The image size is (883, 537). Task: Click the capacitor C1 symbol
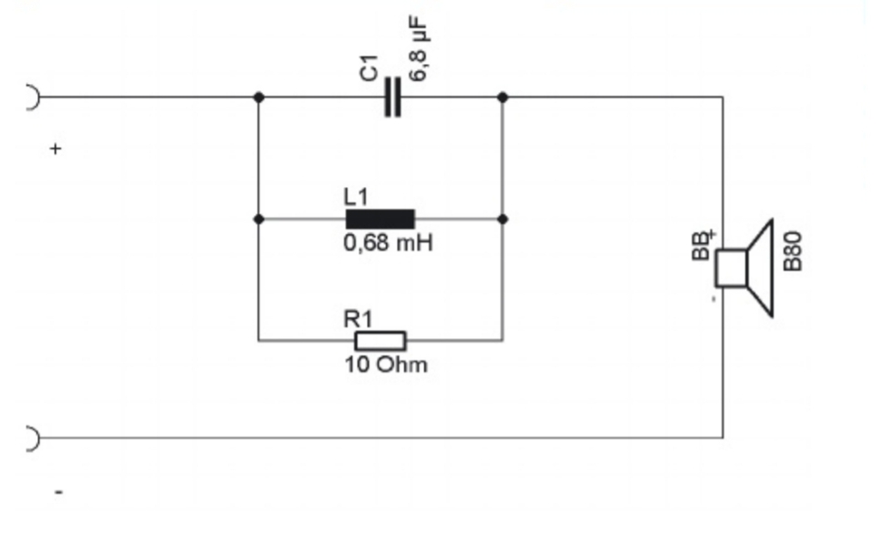[x=392, y=98]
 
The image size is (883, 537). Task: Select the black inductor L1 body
[x=380, y=219]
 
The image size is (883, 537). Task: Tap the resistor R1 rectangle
[x=380, y=341]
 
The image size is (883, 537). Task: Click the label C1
[x=369, y=68]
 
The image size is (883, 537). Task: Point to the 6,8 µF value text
[x=418, y=49]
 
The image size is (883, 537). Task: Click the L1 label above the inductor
[x=356, y=197]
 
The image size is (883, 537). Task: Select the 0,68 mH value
[x=388, y=243]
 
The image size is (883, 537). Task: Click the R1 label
[x=358, y=319]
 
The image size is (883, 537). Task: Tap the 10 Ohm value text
[x=386, y=365]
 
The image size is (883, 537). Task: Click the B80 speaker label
[x=793, y=251]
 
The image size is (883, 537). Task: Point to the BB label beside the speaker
[x=701, y=246]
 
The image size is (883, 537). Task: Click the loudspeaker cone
[x=760, y=268]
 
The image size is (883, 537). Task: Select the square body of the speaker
[x=731, y=268]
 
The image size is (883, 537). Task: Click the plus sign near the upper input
[x=55, y=149]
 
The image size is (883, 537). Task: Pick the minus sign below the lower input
[x=59, y=492]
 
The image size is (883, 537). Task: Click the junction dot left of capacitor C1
[x=258, y=98]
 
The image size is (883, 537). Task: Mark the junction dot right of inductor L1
[x=503, y=219]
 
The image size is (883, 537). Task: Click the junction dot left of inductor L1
[x=258, y=219]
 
